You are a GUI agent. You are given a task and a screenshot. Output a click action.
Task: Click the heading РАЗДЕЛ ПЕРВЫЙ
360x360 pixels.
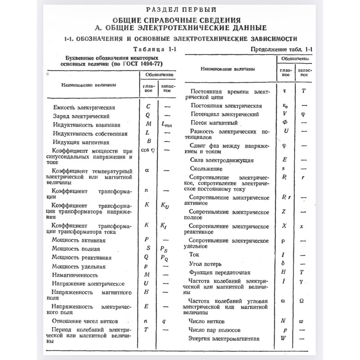(180, 9)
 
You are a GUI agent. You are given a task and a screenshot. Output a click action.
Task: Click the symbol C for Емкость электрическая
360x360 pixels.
(148, 107)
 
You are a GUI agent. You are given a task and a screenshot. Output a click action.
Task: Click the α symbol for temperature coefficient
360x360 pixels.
(147, 170)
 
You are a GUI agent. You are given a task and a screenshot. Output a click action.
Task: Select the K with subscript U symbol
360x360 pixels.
(165, 206)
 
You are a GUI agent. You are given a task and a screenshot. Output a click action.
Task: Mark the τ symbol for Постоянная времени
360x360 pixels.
(284, 90)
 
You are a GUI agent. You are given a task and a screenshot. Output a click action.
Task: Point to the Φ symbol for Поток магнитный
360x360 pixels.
(284, 122)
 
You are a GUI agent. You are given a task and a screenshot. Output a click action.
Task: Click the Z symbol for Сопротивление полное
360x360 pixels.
(284, 211)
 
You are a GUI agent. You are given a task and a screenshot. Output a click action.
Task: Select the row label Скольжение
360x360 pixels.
(206, 168)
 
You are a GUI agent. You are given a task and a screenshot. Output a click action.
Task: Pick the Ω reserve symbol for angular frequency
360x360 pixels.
(303, 300)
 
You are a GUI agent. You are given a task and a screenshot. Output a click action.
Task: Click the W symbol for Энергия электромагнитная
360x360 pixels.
(284, 338)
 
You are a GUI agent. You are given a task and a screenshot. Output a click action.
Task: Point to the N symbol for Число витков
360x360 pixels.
(283, 321)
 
